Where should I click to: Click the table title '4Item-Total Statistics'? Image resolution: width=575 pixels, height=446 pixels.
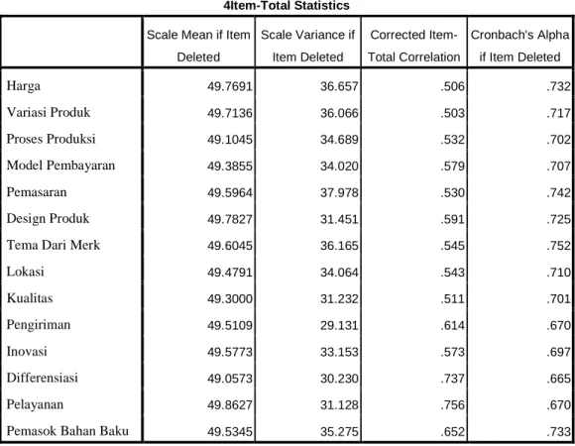287,6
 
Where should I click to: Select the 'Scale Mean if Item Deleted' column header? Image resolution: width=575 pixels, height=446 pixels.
198,46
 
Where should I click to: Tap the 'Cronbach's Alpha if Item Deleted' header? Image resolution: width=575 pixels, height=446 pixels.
520,46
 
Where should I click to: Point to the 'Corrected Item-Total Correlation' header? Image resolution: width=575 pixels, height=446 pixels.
414,46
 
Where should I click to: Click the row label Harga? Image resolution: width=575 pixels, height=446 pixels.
24,86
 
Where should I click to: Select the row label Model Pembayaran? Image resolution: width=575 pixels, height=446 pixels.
60,166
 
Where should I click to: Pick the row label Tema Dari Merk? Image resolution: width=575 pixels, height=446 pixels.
54,245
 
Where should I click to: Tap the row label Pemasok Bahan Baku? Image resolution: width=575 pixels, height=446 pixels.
67,431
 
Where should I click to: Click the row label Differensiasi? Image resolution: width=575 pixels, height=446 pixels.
43,378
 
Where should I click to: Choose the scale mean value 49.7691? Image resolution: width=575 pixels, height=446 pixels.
230,86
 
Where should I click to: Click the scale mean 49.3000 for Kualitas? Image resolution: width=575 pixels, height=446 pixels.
230,298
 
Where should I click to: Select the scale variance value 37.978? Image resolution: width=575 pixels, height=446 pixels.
339,192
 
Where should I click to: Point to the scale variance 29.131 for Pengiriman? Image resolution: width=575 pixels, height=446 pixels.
339,325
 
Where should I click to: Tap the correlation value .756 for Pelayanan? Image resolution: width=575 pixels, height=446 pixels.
452,405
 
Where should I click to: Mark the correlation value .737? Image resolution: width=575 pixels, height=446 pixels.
452,379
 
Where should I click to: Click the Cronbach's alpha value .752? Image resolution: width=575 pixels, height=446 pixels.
558,246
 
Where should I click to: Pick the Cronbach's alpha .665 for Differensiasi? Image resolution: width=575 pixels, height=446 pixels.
558,379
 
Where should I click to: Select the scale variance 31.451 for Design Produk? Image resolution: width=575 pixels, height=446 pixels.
339,219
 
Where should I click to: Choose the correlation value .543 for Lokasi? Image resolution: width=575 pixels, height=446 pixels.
452,273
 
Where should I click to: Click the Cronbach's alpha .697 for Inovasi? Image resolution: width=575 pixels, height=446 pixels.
558,352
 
